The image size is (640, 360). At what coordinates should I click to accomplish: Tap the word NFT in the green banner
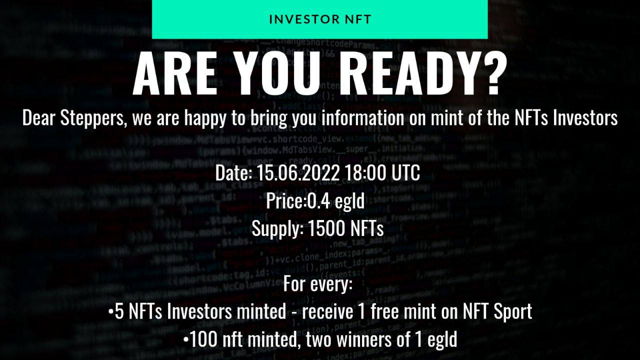[354, 19]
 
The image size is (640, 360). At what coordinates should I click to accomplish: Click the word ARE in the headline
[174, 73]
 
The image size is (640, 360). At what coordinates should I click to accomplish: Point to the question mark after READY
[489, 73]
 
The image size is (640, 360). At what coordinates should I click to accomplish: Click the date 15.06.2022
[298, 172]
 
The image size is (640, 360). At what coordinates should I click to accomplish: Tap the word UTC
[405, 172]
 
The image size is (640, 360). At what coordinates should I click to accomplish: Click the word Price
[284, 200]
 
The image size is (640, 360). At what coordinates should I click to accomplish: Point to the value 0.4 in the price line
[319, 200]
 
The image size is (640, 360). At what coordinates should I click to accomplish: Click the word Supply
[275, 229]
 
